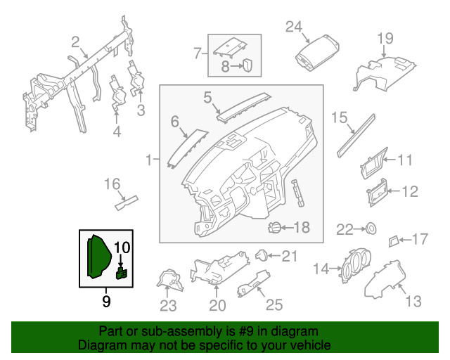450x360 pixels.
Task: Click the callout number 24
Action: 294,27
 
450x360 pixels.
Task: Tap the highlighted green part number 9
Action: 98,257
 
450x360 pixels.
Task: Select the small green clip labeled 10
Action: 122,273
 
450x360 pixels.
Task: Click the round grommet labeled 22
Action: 371,229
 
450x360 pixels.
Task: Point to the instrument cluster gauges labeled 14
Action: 356,265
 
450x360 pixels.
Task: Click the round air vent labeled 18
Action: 274,228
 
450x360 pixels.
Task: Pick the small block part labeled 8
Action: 247,65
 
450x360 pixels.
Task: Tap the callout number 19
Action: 385,39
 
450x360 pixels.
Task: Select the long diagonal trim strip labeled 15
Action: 356,136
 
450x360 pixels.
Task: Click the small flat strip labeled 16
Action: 127,202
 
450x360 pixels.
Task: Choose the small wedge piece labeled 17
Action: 393,241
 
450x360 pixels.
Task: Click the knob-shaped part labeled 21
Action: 261,255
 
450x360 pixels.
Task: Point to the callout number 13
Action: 413,302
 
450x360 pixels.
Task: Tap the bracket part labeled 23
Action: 170,280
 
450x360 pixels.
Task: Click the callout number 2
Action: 75,42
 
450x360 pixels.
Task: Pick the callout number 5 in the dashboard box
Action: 208,98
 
